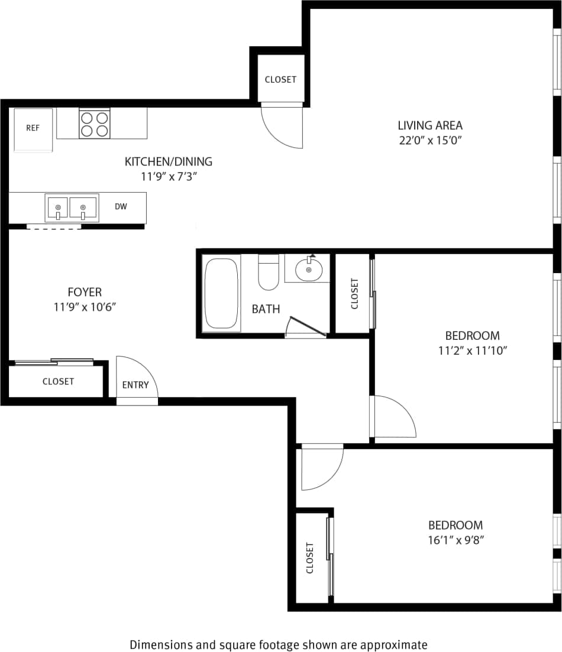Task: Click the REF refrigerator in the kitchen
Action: click(33, 129)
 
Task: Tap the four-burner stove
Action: click(95, 124)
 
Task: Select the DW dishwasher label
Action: click(121, 206)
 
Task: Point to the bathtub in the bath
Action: click(221, 293)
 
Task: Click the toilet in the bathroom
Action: click(269, 273)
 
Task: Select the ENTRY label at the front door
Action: click(135, 385)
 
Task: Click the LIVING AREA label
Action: click(429, 125)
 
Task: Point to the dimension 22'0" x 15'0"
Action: click(429, 141)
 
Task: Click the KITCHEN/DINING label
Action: click(168, 161)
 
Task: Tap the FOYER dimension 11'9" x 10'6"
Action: click(85, 307)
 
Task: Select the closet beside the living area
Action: click(280, 79)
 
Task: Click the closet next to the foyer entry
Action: click(58, 381)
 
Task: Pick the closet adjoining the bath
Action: click(354, 294)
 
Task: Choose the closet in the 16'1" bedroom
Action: click(310, 557)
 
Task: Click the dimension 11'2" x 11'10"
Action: click(472, 351)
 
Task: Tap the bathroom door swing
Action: click(305, 327)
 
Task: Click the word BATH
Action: click(266, 309)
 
